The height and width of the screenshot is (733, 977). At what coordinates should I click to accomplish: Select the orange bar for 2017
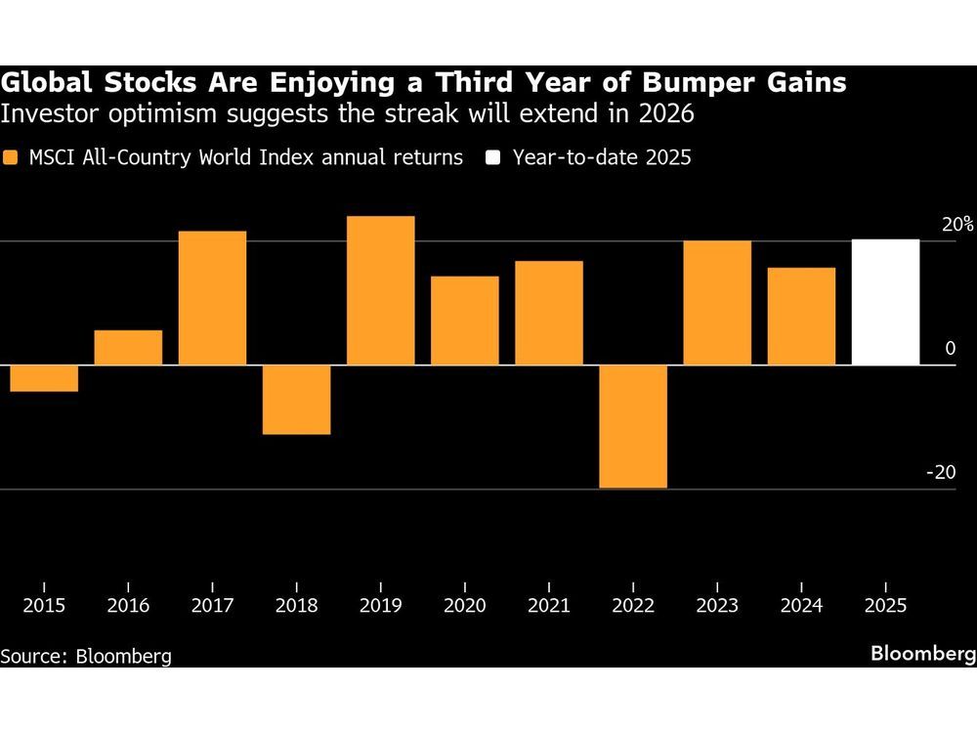[212, 298]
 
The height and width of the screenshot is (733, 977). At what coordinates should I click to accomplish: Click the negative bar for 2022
[633, 426]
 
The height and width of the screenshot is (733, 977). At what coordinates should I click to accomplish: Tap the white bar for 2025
[885, 302]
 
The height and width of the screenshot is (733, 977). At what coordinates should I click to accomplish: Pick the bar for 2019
[381, 290]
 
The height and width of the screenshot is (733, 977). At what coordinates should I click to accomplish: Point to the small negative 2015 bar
[44, 378]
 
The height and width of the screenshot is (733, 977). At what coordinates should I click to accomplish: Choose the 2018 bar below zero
[296, 400]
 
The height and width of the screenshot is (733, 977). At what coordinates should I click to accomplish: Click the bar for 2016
[128, 348]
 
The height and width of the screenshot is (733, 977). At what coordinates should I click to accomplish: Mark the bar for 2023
[717, 303]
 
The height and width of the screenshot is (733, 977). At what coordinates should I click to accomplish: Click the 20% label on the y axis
[957, 224]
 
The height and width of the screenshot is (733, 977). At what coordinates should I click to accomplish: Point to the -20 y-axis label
[940, 472]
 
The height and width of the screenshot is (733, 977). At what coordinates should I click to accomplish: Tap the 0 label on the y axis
[949, 349]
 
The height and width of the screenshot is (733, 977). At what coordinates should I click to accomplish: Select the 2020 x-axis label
[464, 606]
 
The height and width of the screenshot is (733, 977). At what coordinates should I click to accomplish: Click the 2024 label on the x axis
[800, 606]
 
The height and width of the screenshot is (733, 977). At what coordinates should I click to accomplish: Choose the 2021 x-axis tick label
[548, 606]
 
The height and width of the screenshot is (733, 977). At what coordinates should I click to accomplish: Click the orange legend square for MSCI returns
[11, 157]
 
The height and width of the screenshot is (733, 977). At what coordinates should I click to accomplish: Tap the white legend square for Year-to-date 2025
[495, 157]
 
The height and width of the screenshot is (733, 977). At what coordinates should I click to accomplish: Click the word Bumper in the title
[634, 83]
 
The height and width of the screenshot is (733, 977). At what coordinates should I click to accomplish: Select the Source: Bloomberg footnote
[86, 656]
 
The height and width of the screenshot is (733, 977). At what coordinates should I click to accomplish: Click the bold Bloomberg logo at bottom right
[922, 654]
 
